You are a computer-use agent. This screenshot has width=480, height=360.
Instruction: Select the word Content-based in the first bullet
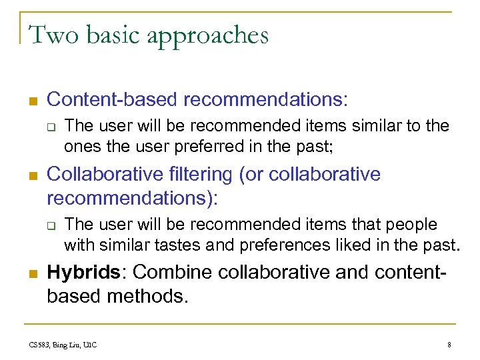(x=113, y=99)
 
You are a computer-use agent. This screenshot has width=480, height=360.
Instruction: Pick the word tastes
(x=180, y=245)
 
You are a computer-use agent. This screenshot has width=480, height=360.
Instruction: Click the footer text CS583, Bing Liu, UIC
(x=63, y=344)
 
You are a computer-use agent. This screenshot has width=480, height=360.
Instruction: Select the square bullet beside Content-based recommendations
(x=31, y=101)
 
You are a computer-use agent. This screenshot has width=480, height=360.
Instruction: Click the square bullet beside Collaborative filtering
(x=31, y=176)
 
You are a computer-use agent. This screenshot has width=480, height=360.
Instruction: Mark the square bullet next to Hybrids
(x=31, y=273)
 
